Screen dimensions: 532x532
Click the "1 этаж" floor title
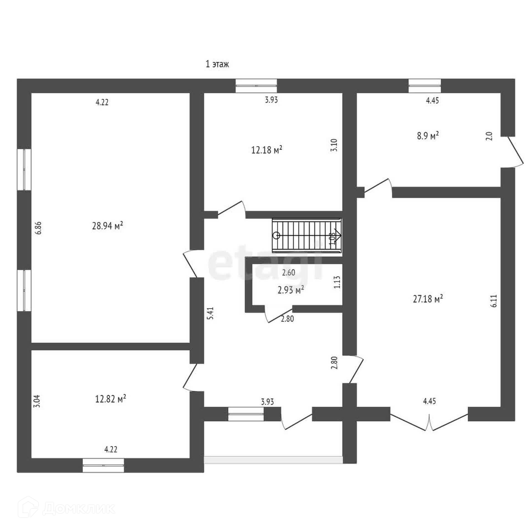[217, 65]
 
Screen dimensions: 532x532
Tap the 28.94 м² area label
[108, 226]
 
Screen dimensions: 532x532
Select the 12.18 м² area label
[267, 150]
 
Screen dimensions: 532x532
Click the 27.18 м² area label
[428, 299]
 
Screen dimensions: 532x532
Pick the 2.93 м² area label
[291, 290]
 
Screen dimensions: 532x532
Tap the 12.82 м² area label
[111, 399]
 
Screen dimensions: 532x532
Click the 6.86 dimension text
[39, 228]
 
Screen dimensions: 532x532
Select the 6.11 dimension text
[495, 301]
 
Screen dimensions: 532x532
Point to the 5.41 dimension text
[211, 313]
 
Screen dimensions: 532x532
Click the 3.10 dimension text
[334, 145]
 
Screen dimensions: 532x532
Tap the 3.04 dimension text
[38, 401]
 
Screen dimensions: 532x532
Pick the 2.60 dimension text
[288, 273]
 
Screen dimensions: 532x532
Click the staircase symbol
[307, 236]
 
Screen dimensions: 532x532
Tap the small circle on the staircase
[276, 236]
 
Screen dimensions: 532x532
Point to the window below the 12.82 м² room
[103, 465]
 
